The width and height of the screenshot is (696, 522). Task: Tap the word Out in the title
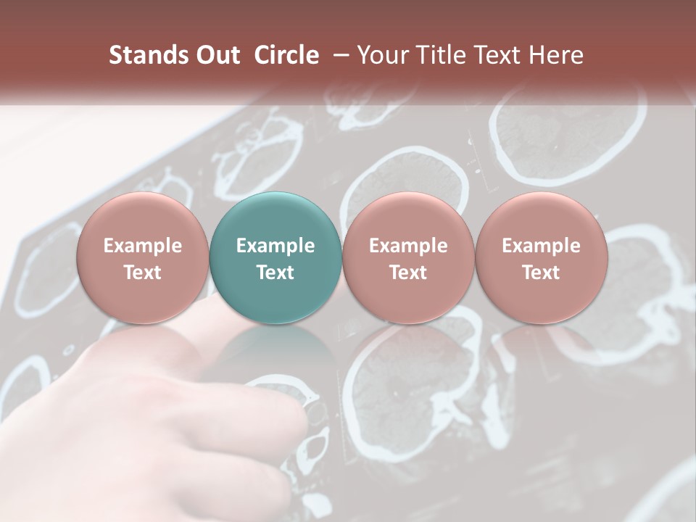tap(215, 55)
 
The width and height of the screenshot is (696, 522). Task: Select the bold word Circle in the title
tap(286, 55)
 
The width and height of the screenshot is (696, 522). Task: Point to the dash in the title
tap(339, 55)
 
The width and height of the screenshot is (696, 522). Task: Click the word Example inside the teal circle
tap(275, 246)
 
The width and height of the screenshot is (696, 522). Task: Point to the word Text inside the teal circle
tap(275, 273)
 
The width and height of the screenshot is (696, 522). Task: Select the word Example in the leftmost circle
tap(142, 246)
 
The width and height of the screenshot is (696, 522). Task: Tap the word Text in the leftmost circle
tap(142, 273)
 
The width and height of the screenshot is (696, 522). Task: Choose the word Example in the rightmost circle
tap(541, 246)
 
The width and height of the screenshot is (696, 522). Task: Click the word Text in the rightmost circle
tap(541, 273)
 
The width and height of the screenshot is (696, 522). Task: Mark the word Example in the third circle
tap(408, 246)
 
